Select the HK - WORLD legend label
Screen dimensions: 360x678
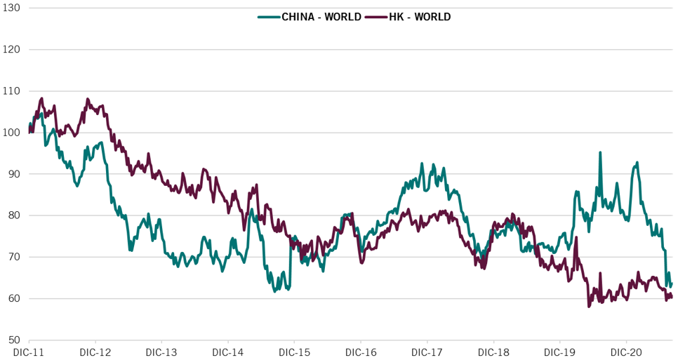pos(420,16)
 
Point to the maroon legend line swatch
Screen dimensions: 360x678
pos(377,16)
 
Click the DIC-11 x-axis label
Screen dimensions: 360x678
pos(28,352)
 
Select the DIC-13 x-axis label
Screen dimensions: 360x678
pos(161,352)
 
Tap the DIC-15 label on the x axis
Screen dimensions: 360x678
pos(294,352)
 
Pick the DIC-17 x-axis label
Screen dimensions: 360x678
pos(427,352)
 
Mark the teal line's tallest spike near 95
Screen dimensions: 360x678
pos(600,152)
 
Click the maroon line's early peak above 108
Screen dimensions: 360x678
pos(42,98)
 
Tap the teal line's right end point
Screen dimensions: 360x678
pos(672,284)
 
